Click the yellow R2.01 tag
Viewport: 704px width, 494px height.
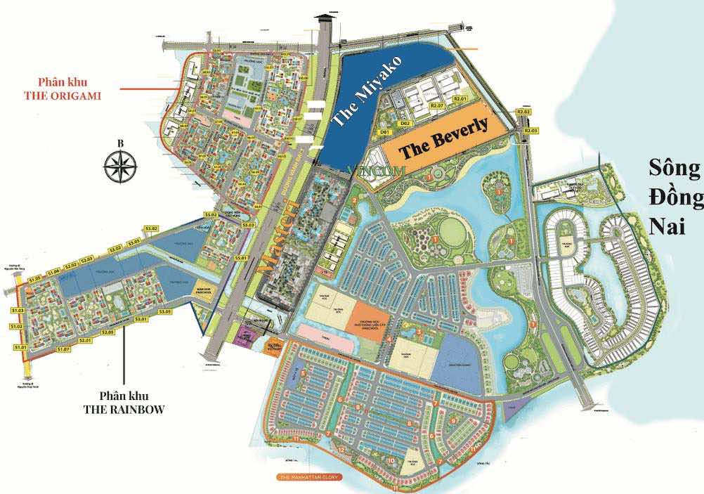461,99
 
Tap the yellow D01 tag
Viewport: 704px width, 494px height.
384,131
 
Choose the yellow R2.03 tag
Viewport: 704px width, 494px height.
530,131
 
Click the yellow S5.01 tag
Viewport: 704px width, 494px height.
241,259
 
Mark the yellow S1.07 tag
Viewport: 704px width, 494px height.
63,349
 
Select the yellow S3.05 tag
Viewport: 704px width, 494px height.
166,311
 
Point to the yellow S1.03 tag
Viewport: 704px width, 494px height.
18,310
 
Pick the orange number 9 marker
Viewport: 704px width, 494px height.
453,420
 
